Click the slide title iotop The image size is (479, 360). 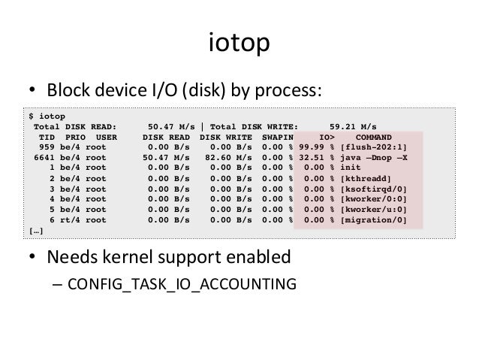(239, 45)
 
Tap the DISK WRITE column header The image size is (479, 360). (224, 138)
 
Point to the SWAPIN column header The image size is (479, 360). (278, 138)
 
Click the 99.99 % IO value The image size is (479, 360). (316, 148)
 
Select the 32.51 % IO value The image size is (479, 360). (316, 159)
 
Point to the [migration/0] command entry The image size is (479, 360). (374, 219)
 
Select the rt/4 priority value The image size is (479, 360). (73, 219)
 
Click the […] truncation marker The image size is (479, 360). (35, 231)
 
